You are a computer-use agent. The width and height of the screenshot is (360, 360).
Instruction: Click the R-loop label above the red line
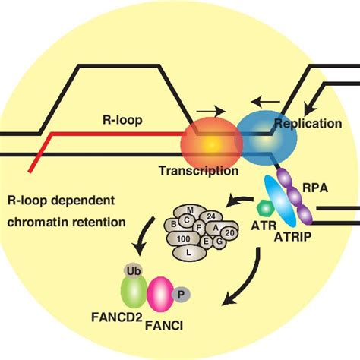pos(122,120)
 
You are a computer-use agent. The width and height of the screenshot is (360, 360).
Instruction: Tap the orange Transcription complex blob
pos(211,145)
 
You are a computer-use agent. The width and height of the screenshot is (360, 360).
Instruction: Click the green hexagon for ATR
pos(266,208)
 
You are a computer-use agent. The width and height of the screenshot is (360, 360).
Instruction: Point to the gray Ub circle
pos(133,272)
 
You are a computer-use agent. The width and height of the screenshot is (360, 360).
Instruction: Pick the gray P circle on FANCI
pos(181,295)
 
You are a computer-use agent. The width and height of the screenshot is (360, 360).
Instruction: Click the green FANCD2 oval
pos(134,292)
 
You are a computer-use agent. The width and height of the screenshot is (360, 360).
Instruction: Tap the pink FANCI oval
pos(160,295)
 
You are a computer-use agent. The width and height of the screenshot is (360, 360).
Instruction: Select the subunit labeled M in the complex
pos(190,210)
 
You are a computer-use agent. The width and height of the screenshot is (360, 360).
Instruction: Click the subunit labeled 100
pos(184,238)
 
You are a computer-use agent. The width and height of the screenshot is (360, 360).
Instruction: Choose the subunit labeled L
pos(189,253)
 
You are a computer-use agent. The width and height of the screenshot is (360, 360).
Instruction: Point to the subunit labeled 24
pos(211,216)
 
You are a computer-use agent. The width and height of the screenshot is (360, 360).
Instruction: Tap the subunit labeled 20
pos(229,233)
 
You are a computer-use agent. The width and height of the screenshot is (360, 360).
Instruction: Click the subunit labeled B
pos(174,224)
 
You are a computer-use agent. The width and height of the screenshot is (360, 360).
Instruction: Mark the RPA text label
pos(315,188)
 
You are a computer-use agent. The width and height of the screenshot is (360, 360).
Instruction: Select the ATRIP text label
pos(293,237)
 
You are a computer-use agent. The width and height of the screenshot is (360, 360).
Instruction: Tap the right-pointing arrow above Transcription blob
pos(211,111)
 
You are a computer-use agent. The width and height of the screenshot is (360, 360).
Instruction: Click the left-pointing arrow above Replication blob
pos(265,102)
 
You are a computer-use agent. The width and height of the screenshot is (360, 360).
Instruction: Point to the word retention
pos(99,223)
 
